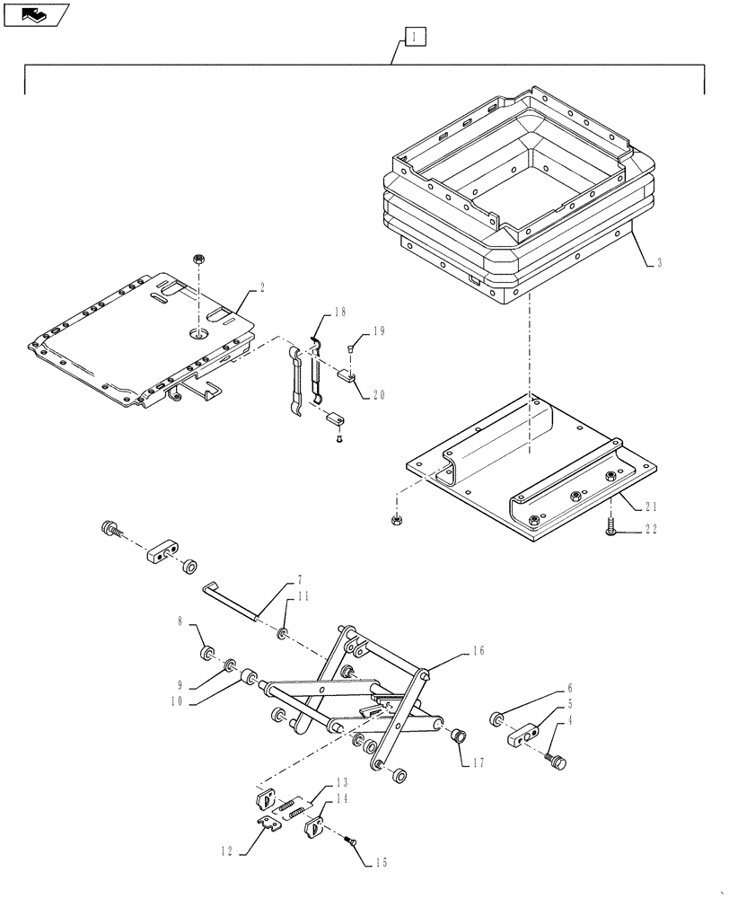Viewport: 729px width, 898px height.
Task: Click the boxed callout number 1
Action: coord(413,37)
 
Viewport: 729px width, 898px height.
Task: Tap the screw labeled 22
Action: coord(610,531)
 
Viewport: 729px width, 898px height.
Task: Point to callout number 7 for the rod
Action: coord(300,579)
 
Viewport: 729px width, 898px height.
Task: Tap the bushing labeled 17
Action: coord(459,736)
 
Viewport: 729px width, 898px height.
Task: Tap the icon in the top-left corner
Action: coord(34,14)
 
